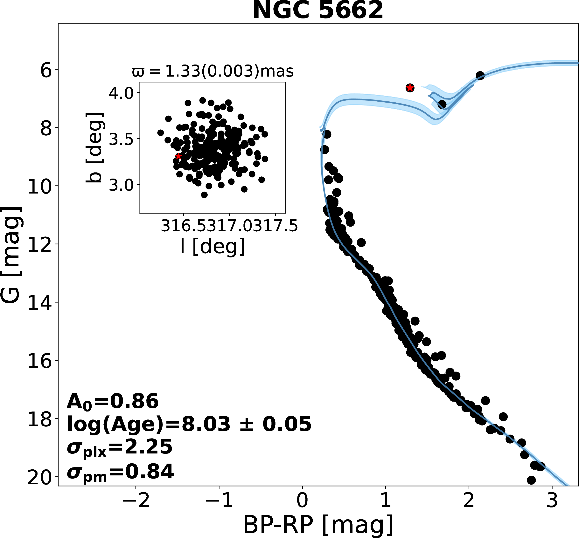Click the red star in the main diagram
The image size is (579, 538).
[x=410, y=88]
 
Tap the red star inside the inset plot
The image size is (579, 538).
[x=178, y=156]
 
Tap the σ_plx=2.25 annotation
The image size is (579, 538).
[x=119, y=447]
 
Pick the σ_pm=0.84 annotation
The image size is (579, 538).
[x=120, y=472]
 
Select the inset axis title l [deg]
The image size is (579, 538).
[x=213, y=246]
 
